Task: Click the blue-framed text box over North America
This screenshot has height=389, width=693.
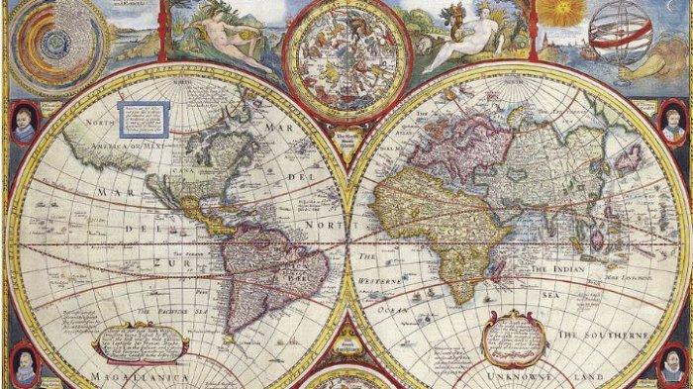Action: [137, 120]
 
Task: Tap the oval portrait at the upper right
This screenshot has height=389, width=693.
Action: [672, 123]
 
